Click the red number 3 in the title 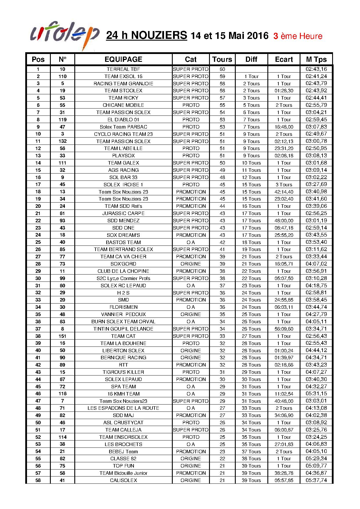click(276, 36)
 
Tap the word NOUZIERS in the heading click(159, 35)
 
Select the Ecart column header click(284, 59)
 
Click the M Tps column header click(316, 59)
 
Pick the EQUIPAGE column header click(123, 59)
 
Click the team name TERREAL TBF click(123, 69)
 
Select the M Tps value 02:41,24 click(316, 76)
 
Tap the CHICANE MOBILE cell click(123, 105)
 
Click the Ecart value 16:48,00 click(284, 127)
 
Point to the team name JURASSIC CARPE click(123, 213)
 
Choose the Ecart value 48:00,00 click(284, 221)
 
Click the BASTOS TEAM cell click(123, 242)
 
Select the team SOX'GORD click(123, 264)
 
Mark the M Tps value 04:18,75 click(316, 286)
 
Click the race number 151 click(62, 336)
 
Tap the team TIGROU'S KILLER click(123, 372)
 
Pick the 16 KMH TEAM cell click(123, 394)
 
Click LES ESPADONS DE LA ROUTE click(123, 408)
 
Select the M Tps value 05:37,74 click(316, 480)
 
